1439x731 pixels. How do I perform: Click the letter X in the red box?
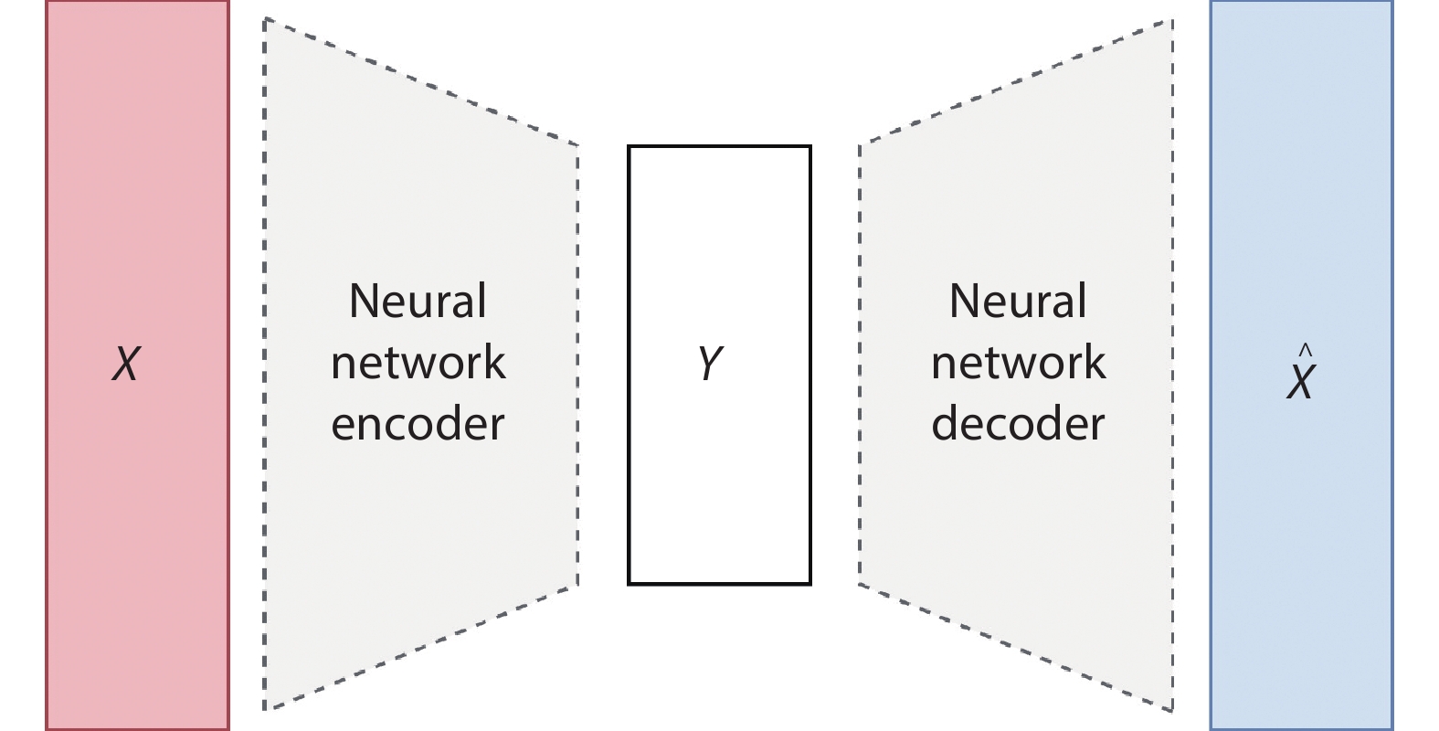[x=126, y=364]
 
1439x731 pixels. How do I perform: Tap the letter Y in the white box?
[x=710, y=363]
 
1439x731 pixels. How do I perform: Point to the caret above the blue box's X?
[x=1305, y=349]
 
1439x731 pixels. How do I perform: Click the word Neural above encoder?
[x=418, y=302]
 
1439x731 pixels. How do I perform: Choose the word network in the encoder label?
[x=418, y=363]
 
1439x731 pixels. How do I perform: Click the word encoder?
[x=418, y=424]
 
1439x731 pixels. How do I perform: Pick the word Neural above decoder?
[x=1018, y=302]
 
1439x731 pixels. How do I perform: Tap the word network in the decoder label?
[x=1018, y=363]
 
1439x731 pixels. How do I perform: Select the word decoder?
[x=1018, y=424]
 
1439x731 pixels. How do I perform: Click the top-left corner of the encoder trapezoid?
[x=265, y=19]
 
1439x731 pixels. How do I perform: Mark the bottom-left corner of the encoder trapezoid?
[x=265, y=708]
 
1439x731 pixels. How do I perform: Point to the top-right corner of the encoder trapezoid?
[x=577, y=145]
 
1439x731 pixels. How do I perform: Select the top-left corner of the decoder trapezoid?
[x=860, y=144]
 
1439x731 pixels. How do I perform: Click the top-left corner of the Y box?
[x=629, y=147]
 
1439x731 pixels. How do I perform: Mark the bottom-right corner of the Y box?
[x=809, y=583]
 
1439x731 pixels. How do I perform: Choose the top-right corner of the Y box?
[x=809, y=147]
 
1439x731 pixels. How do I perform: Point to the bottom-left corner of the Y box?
[x=629, y=583]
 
